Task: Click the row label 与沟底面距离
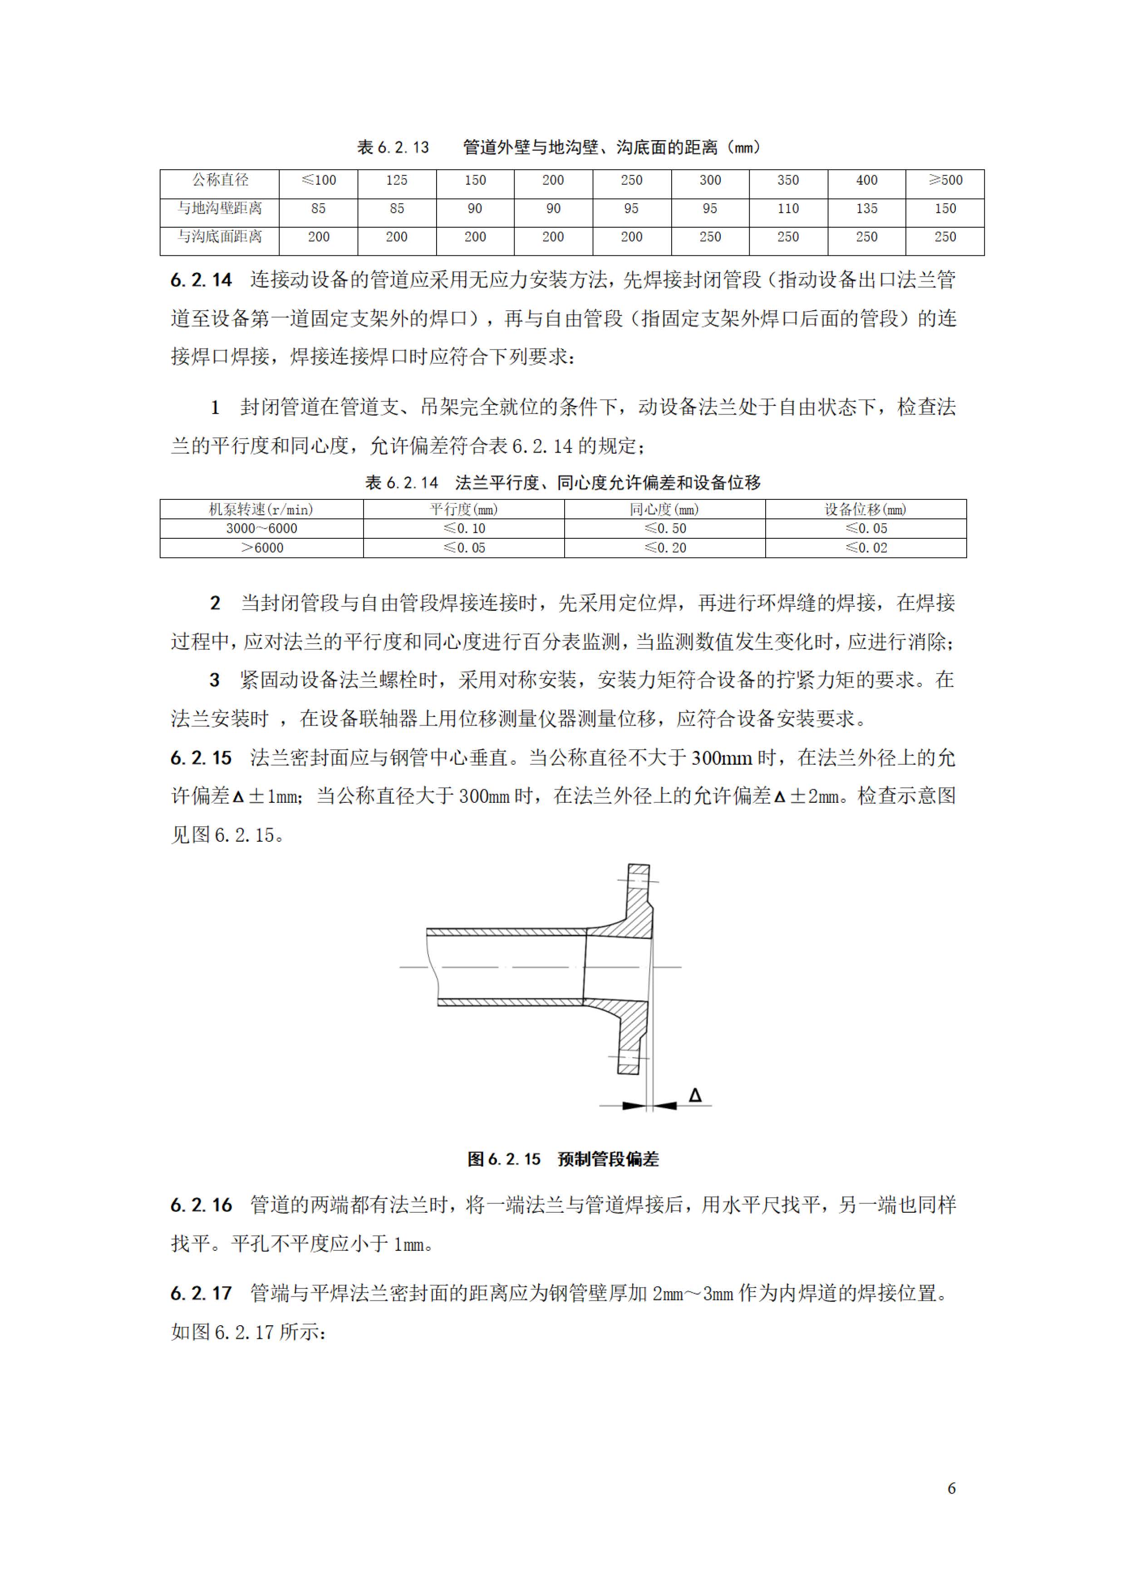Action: [220, 237]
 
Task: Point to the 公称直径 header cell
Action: [220, 180]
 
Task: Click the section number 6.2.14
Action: [201, 280]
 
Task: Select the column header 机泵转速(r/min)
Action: [261, 509]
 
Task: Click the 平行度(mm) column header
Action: [463, 509]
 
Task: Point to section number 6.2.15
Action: [201, 758]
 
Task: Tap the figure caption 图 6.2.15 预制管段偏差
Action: [562, 1159]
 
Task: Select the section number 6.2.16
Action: [201, 1205]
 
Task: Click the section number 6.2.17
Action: [201, 1293]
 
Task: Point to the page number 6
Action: [951, 1488]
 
